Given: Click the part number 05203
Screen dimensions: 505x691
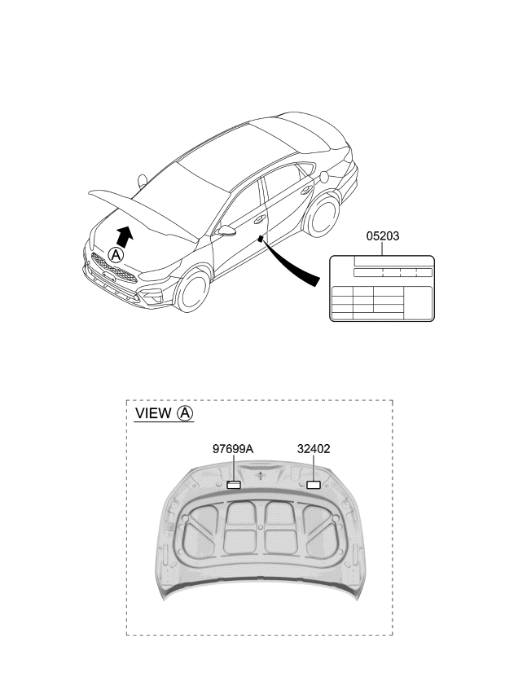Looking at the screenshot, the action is pos(382,236).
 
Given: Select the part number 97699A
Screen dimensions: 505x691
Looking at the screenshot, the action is pos(233,449).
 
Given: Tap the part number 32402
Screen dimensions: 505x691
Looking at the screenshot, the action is pos(313,449).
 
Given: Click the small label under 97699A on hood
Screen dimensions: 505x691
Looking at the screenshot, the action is pos(235,486).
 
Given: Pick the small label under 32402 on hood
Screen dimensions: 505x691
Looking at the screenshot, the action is pos(313,486).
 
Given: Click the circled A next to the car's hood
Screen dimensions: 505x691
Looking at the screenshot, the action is pos(116,255).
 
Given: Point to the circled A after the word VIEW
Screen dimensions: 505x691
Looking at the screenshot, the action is pos(186,413).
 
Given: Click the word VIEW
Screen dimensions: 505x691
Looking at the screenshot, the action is pos(153,413).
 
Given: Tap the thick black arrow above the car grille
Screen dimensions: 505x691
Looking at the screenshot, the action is pos(123,236).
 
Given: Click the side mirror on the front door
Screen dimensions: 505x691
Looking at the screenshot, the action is pos(227,231).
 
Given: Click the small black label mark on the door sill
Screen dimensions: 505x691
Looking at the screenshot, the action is pos(261,238).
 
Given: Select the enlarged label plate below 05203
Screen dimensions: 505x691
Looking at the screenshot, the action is pos(382,288).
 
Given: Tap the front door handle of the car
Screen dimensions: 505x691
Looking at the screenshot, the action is pos(260,219).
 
